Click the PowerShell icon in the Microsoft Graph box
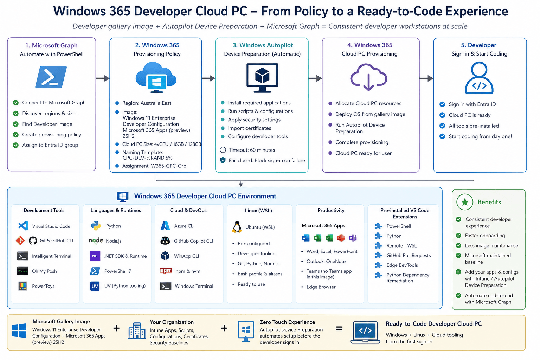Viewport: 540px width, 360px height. click(51, 77)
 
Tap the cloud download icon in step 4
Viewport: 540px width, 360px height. click(368, 77)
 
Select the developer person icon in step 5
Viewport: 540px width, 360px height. click(479, 78)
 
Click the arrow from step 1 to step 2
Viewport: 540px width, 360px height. click(103, 78)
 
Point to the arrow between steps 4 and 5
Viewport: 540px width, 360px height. click(426, 78)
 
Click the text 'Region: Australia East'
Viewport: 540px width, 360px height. click(147, 103)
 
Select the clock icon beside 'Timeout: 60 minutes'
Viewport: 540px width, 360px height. click(223, 150)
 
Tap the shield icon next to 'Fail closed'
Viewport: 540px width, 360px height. click(223, 160)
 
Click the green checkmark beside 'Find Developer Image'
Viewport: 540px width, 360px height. click(16, 124)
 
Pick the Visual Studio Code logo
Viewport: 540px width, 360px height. click(24, 226)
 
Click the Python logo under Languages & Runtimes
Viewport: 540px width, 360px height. click(96, 226)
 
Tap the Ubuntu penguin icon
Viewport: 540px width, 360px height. click(237, 227)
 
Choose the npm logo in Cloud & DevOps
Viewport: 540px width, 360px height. click(166, 271)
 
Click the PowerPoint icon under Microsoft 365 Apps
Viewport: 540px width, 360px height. click(341, 238)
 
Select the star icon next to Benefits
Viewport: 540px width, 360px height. click(464, 202)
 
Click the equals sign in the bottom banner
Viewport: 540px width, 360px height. click(339, 328)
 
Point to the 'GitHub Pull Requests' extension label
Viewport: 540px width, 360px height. click(409, 255)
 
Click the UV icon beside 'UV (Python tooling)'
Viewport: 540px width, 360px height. click(95, 286)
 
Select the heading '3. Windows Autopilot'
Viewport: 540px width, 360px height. click(263, 45)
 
